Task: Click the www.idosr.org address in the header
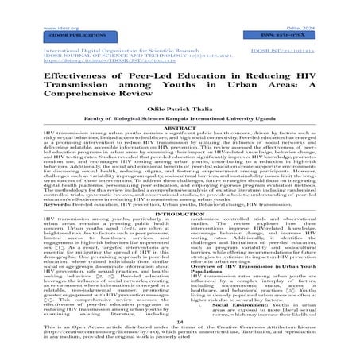tap(25, 5)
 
